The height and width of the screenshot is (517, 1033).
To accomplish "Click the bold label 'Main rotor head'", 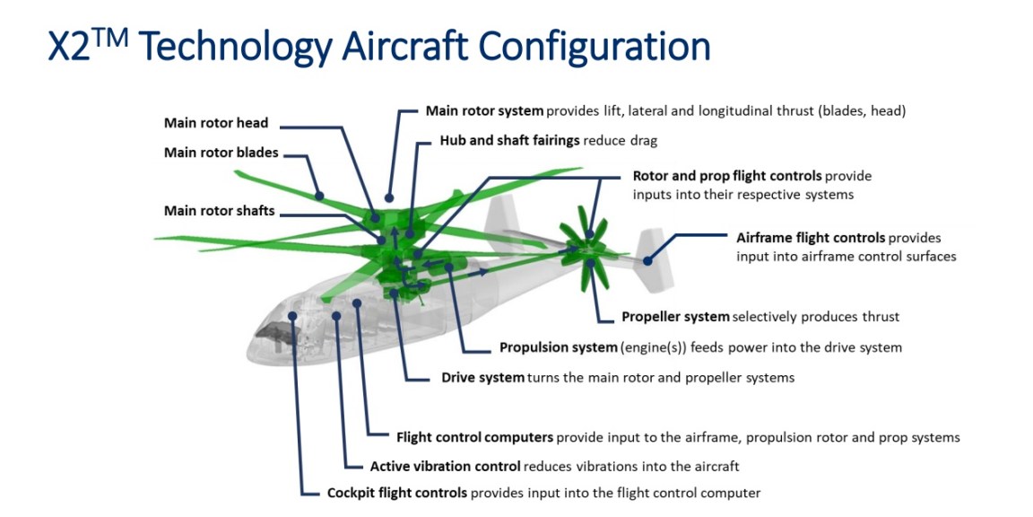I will pos(216,123).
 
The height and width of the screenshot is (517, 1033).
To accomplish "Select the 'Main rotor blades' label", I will pos(221,153).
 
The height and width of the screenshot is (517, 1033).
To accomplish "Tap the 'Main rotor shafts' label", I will pos(219,211).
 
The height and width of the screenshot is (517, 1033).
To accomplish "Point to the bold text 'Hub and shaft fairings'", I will pos(509,141).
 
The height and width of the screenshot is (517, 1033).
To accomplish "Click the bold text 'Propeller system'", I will pos(675,317).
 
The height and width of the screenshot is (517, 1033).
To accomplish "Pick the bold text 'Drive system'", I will pos(482,378).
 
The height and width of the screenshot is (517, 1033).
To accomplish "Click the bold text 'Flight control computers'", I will pos(474,438).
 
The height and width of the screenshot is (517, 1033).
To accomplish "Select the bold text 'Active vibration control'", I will pos(445,467).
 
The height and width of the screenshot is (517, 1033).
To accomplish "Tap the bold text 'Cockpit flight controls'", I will pos(396,493).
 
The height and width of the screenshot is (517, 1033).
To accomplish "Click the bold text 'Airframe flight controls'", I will pos(811,238).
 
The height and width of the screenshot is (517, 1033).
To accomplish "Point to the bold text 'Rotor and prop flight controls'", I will pos(726,176).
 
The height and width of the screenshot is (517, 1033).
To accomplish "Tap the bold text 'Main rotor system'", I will pos(484,111).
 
